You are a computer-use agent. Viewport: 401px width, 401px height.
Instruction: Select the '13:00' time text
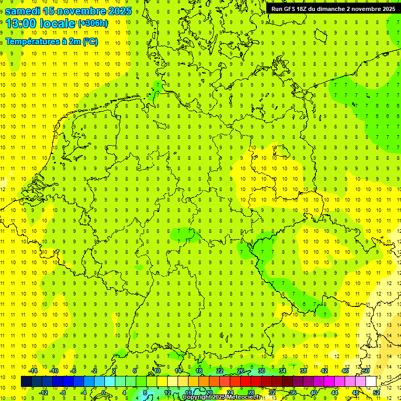click(x=23, y=23)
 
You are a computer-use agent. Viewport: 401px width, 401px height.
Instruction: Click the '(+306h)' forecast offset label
click(x=93, y=23)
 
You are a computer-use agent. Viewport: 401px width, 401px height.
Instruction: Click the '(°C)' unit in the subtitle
click(x=90, y=42)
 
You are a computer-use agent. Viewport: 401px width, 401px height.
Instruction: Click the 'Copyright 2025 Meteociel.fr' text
click(x=222, y=397)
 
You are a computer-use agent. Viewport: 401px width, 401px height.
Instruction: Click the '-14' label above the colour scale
click(x=33, y=371)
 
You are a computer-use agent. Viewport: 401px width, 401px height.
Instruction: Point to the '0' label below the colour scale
click(x=104, y=393)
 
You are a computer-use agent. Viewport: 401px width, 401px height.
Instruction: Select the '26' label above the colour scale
click(x=240, y=371)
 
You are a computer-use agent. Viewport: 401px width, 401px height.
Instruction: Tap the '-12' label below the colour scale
click(x=43, y=393)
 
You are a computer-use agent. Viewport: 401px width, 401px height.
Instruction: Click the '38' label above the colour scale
click(x=303, y=371)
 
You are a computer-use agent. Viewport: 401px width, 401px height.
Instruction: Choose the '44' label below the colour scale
click(x=335, y=393)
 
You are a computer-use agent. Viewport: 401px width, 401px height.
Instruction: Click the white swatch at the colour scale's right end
click(x=371, y=382)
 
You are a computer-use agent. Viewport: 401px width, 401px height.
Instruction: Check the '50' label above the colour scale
click(x=366, y=371)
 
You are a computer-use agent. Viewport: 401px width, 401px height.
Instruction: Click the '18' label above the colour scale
click(x=199, y=371)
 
